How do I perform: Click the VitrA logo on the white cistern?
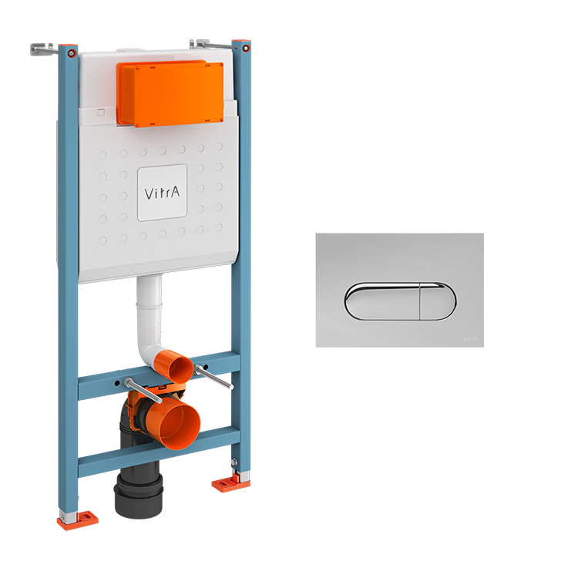(x=162, y=193)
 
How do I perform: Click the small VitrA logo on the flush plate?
(x=469, y=336)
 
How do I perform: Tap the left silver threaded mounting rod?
(x=143, y=385)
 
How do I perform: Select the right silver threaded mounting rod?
(x=213, y=377)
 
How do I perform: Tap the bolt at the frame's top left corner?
(x=71, y=52)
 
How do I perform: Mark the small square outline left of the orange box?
(x=101, y=113)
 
